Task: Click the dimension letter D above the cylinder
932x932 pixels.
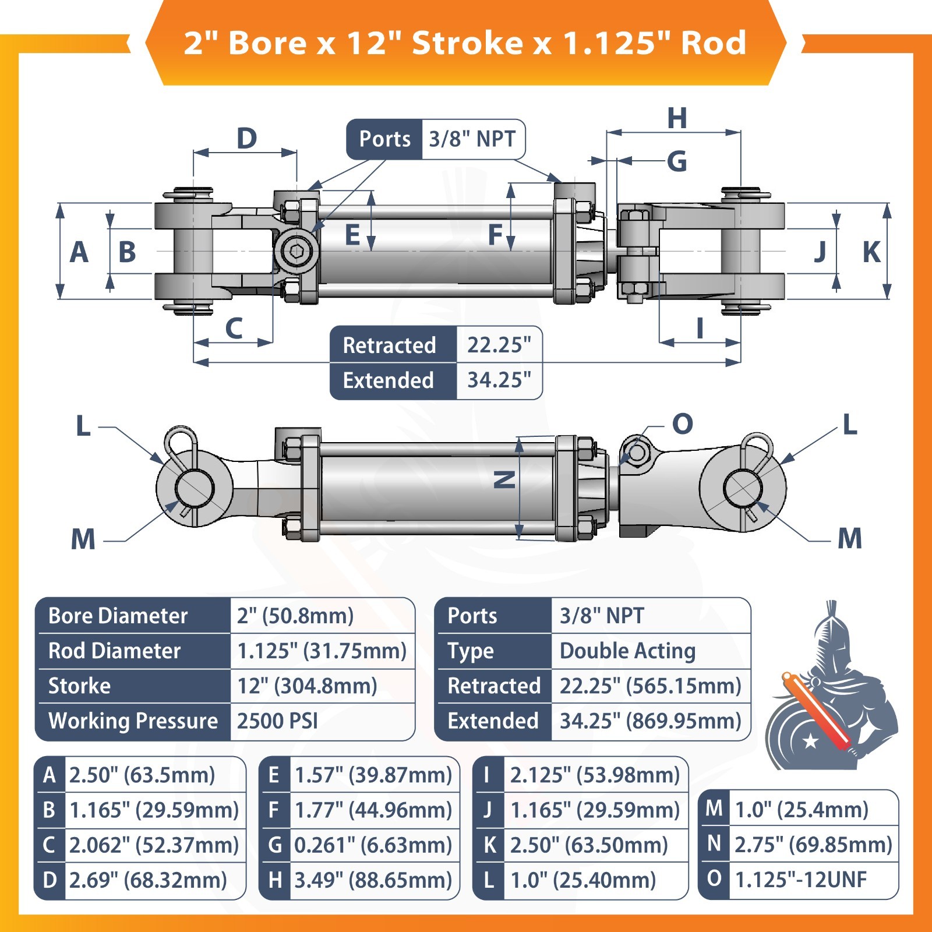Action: click(x=246, y=139)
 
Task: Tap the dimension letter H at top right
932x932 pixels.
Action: click(x=677, y=118)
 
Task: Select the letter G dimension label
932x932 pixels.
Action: click(x=677, y=161)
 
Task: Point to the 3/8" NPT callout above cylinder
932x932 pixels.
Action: click(x=472, y=139)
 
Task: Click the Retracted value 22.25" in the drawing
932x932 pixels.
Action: click(x=499, y=345)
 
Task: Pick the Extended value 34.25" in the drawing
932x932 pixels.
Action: click(x=499, y=380)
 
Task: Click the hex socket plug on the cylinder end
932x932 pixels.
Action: click(x=297, y=252)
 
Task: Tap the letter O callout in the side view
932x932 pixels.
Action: click(x=683, y=423)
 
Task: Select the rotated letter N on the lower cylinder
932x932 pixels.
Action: click(x=504, y=479)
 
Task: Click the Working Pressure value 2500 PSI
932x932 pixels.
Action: click(x=277, y=721)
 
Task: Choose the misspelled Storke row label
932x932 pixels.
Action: click(x=79, y=686)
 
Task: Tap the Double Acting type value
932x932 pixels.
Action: click(x=627, y=651)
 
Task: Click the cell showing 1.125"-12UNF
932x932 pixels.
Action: click(x=801, y=880)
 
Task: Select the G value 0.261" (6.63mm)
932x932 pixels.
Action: click(x=373, y=845)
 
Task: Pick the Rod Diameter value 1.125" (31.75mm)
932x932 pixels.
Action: click(x=322, y=651)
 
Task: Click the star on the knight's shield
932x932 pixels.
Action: click(x=810, y=741)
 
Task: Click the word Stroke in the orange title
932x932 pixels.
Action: click(x=468, y=43)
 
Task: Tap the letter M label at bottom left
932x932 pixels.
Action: click(x=83, y=539)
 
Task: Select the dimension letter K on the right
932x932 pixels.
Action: click(x=871, y=252)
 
